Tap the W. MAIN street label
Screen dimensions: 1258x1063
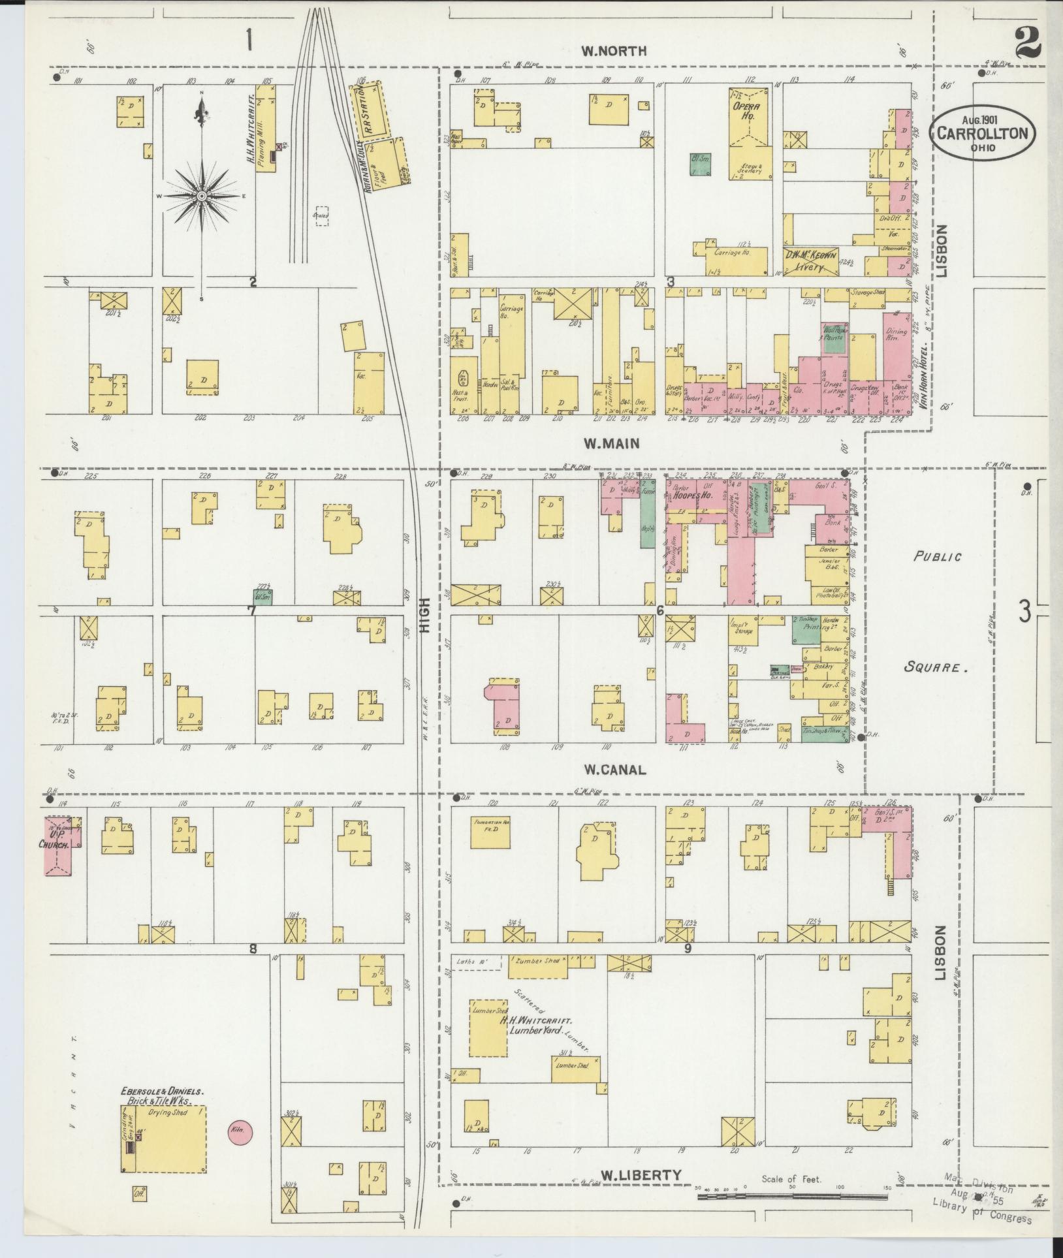point(611,444)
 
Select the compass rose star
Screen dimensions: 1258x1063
point(202,196)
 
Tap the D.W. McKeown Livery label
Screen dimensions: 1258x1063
point(811,262)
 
